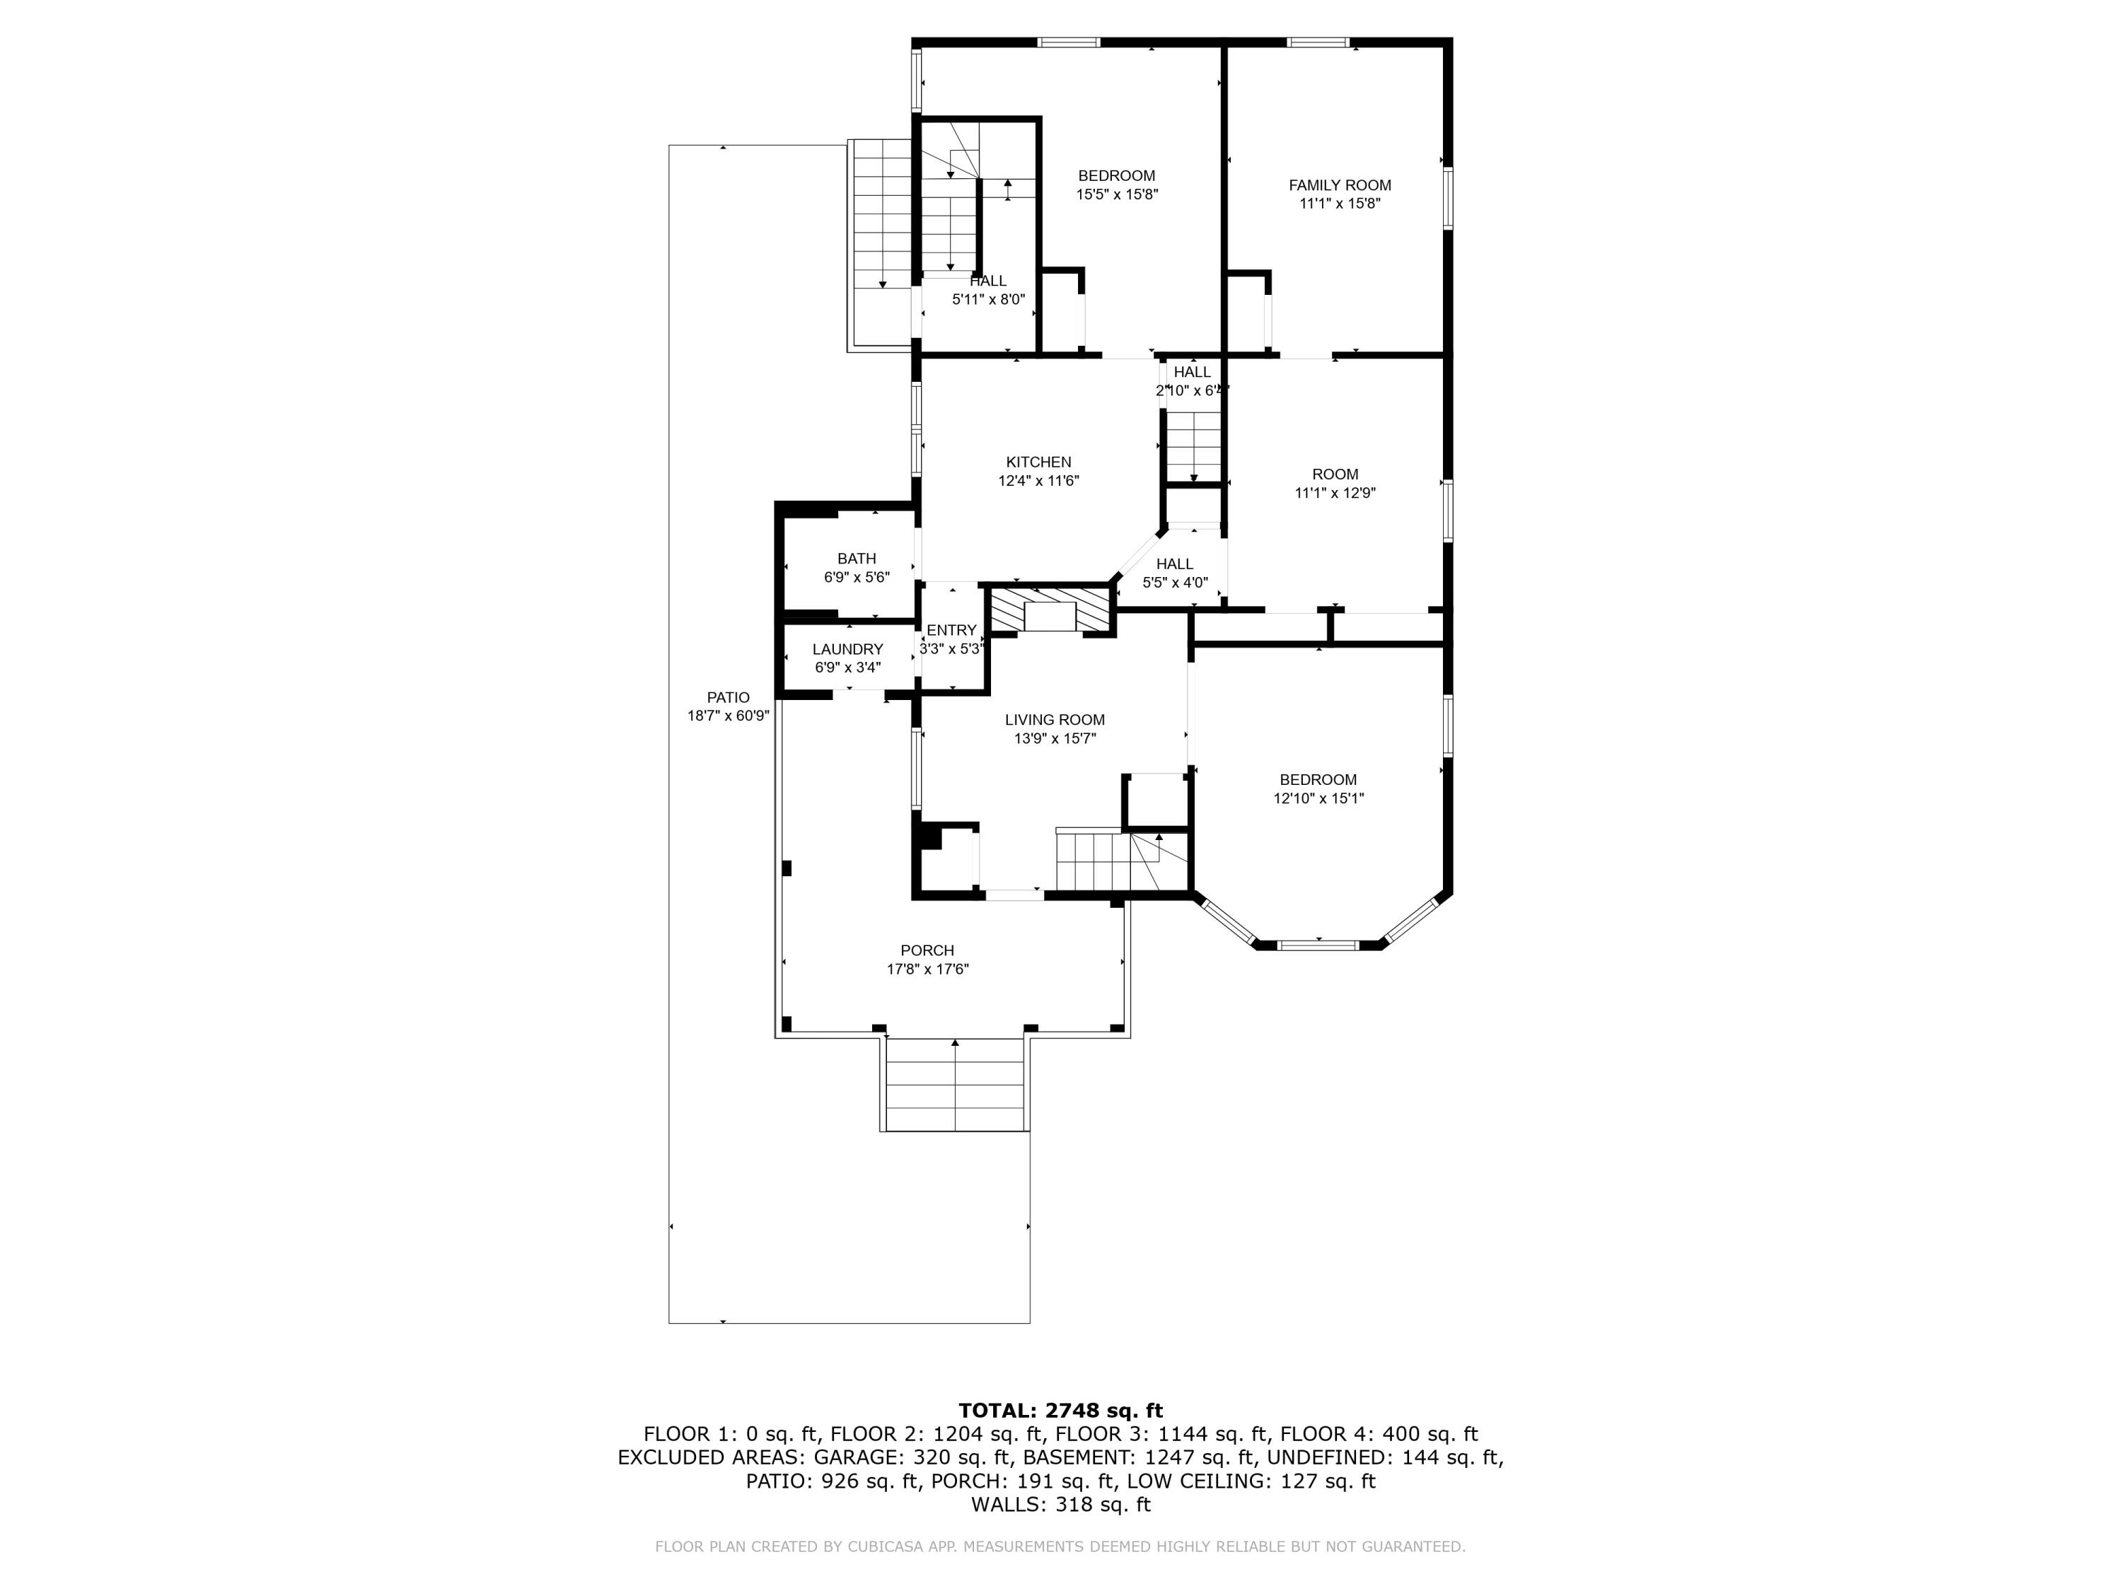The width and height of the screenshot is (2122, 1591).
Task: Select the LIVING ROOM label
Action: click(x=1055, y=719)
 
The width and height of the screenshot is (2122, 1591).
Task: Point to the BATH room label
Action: click(x=856, y=558)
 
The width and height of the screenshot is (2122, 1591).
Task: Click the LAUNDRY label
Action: click(x=847, y=649)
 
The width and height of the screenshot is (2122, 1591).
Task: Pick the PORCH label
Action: click(x=927, y=950)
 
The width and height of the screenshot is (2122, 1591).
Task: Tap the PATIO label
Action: click(x=728, y=697)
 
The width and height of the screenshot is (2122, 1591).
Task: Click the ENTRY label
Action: click(x=951, y=630)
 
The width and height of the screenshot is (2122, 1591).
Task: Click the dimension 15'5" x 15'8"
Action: click(x=1117, y=194)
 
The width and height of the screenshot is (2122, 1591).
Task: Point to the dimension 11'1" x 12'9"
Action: click(x=1335, y=493)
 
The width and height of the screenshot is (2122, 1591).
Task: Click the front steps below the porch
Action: click(x=956, y=1084)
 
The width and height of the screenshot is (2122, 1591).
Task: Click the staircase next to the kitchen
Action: click(x=1193, y=446)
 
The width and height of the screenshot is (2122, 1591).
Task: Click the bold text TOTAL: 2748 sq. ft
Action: click(x=1060, y=1411)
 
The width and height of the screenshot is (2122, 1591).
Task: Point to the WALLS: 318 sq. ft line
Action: click(x=1060, y=1505)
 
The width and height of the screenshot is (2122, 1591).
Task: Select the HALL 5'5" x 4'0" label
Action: click(x=1174, y=573)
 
